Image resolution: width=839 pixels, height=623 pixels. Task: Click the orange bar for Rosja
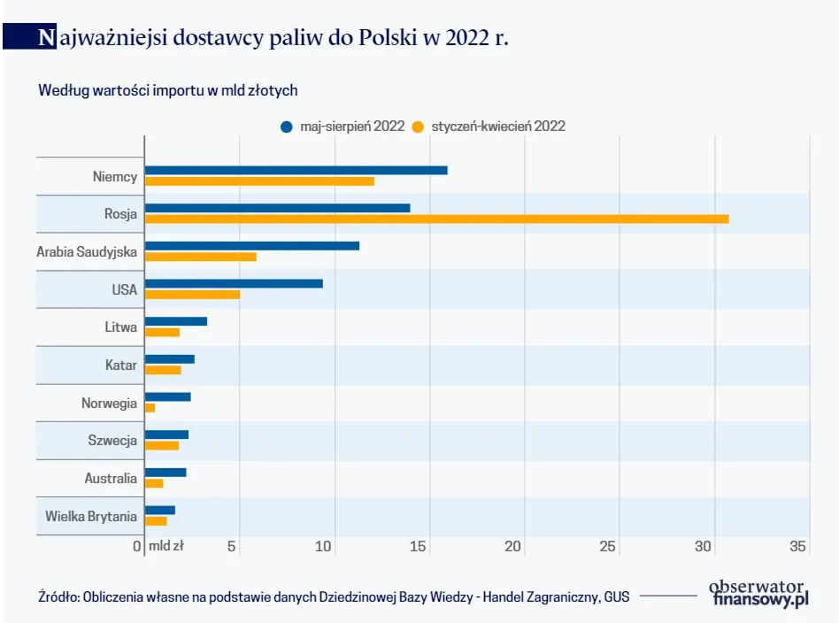tap(436, 219)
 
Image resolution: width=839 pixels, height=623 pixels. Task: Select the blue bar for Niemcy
tap(296, 170)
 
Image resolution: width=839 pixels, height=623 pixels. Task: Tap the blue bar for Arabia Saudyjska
tap(252, 245)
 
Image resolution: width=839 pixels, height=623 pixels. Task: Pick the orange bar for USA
tap(192, 294)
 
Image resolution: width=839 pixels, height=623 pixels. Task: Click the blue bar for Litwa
tap(176, 321)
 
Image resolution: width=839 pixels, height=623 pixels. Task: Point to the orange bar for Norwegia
tap(150, 408)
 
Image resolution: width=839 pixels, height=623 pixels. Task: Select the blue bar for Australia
tap(165, 473)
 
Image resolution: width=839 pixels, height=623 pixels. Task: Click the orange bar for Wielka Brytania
tap(156, 521)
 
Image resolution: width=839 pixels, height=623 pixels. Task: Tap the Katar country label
tap(120, 365)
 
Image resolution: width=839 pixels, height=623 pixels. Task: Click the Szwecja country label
tap(112, 441)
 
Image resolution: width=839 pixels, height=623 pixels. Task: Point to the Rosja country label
tap(120, 213)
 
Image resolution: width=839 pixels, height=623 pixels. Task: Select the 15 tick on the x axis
tap(419, 547)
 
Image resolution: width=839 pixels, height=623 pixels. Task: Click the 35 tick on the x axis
tap(797, 547)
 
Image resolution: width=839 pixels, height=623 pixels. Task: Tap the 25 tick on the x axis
tap(609, 547)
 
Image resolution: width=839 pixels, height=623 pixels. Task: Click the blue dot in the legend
tap(286, 127)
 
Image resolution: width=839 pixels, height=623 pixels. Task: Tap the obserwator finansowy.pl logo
tap(760, 594)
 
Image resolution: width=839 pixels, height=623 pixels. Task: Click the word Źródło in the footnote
tap(58, 596)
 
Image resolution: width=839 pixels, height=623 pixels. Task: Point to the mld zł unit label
tap(166, 547)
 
